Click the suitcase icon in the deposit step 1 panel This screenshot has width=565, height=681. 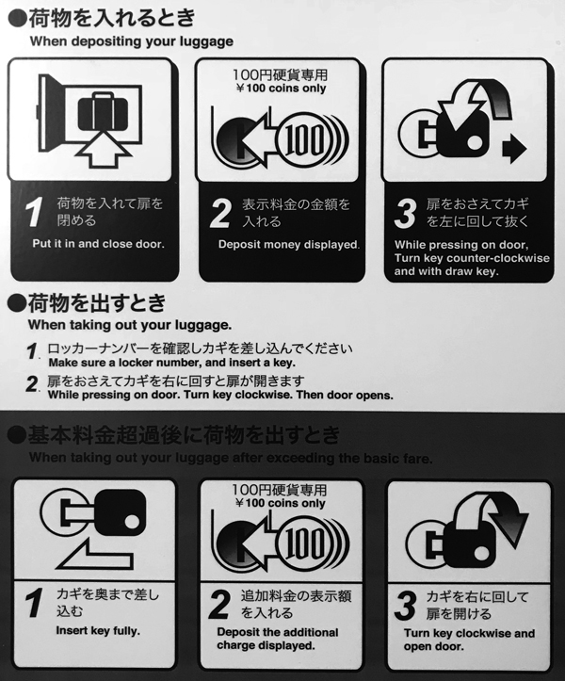(103, 111)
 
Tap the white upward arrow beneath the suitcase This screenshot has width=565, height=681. (104, 149)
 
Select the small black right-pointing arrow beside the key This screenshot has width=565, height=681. (514, 149)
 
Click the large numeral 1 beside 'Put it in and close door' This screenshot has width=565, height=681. (34, 212)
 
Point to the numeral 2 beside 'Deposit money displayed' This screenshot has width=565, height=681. (219, 213)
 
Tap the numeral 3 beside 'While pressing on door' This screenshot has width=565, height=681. (405, 213)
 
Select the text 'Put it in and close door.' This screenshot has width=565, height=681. (99, 244)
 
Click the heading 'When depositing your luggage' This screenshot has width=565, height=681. (132, 41)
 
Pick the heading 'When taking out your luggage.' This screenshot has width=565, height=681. (130, 325)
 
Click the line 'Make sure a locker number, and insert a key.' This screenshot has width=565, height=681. (172, 363)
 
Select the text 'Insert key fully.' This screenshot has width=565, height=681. (98, 631)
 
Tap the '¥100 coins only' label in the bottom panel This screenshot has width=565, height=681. (280, 503)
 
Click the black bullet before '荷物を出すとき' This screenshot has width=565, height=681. (17, 304)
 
